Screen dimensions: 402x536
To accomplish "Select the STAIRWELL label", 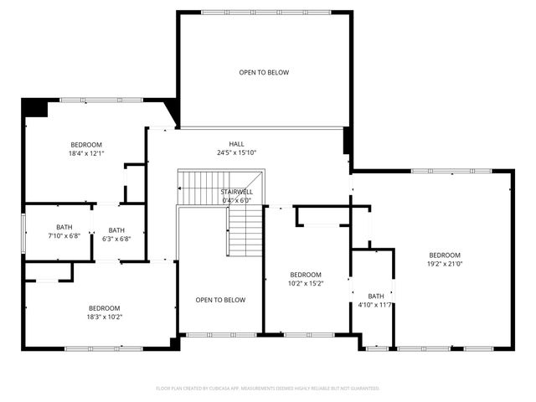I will click(236, 192).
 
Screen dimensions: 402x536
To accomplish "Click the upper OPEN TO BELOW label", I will click(264, 73).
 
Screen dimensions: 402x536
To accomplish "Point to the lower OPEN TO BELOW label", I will click(220, 300).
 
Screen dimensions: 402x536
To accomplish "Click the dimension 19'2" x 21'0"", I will click(445, 264).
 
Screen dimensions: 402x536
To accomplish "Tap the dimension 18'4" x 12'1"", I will click(86, 153).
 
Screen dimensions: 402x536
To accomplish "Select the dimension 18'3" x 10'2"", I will click(105, 317).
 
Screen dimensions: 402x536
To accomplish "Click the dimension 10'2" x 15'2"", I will click(306, 283).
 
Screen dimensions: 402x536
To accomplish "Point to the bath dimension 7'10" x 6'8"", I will click(64, 236).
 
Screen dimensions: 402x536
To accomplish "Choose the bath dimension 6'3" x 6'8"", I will click(116, 239).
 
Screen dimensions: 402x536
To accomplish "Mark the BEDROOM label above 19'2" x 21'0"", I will click(445, 255).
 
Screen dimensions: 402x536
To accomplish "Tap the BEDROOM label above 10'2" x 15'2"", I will click(306, 275).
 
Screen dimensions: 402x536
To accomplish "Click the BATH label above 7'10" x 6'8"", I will click(64, 228).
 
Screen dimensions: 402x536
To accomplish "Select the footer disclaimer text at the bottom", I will click(268, 389).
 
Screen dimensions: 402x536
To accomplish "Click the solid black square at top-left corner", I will click(34, 108).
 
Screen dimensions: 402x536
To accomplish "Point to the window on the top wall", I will click(264, 11).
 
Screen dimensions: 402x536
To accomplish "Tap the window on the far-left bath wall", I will click(23, 231).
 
